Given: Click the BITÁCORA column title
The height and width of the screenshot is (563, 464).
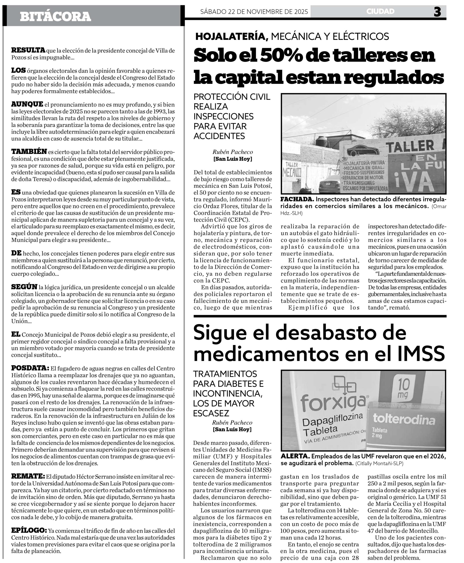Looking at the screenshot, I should pyautogui.click(x=55, y=16).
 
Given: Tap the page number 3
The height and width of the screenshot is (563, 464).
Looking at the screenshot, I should pyautogui.click(x=437, y=12).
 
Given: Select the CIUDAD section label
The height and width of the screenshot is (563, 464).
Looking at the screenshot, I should pyautogui.click(x=380, y=11).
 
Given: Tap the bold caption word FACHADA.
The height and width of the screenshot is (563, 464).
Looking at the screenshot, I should pyautogui.click(x=297, y=199).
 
